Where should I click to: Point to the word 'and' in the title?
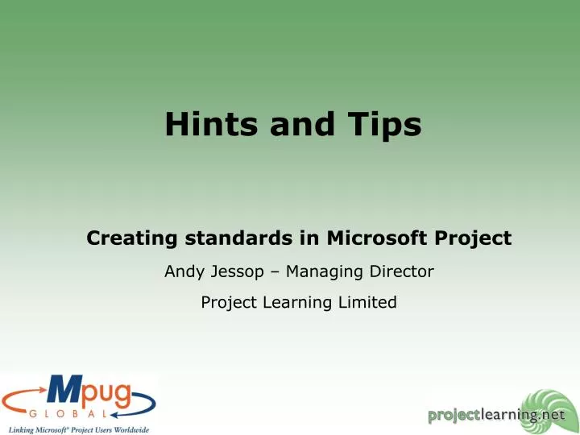pyautogui.click(x=300, y=124)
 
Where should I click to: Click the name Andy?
pyautogui.click(x=184, y=272)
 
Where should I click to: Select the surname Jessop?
pyautogui.click(x=237, y=272)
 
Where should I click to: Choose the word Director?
pyautogui.click(x=404, y=272)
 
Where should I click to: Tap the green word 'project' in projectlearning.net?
pyautogui.click(x=455, y=415)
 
